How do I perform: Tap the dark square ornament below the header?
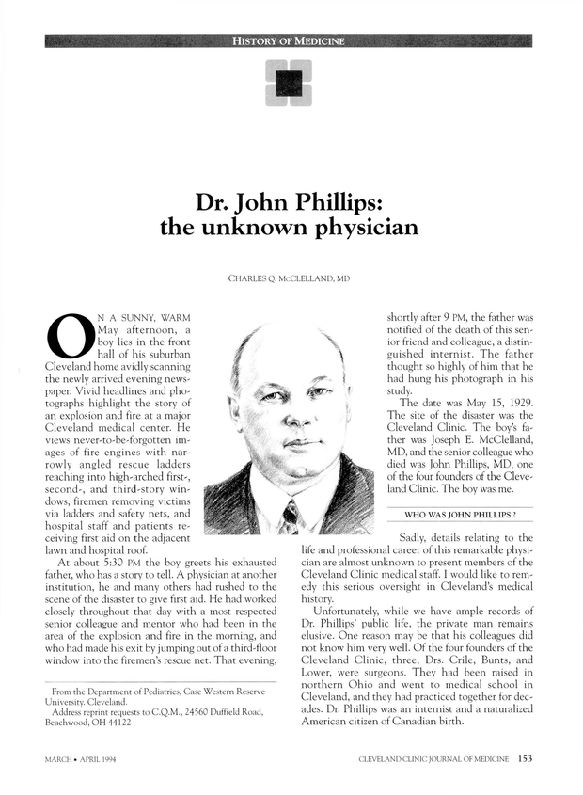click(x=289, y=82)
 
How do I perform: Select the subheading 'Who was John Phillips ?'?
click(x=459, y=515)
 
